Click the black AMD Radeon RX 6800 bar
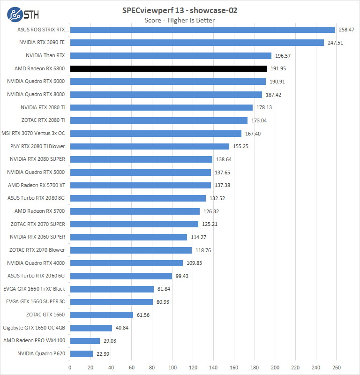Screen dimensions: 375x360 point(168,68)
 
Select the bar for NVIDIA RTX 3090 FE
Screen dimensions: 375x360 point(197,43)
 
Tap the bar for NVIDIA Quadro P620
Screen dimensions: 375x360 point(81,353)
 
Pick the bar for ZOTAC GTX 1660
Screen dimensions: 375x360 point(101,315)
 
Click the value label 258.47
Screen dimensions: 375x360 point(346,30)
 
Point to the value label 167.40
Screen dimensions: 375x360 point(253,134)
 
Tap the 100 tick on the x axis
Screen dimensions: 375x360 point(172,367)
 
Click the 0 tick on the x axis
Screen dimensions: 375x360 point(70,367)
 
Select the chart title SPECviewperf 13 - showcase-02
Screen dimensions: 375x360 point(180,10)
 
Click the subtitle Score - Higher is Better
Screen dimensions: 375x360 point(180,20)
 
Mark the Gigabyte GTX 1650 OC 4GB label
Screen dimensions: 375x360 point(34,328)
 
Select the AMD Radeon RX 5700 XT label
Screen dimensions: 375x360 point(37,185)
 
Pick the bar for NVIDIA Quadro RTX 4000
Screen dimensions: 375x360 point(126,263)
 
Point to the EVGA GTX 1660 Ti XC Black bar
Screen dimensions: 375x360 point(112,289)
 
